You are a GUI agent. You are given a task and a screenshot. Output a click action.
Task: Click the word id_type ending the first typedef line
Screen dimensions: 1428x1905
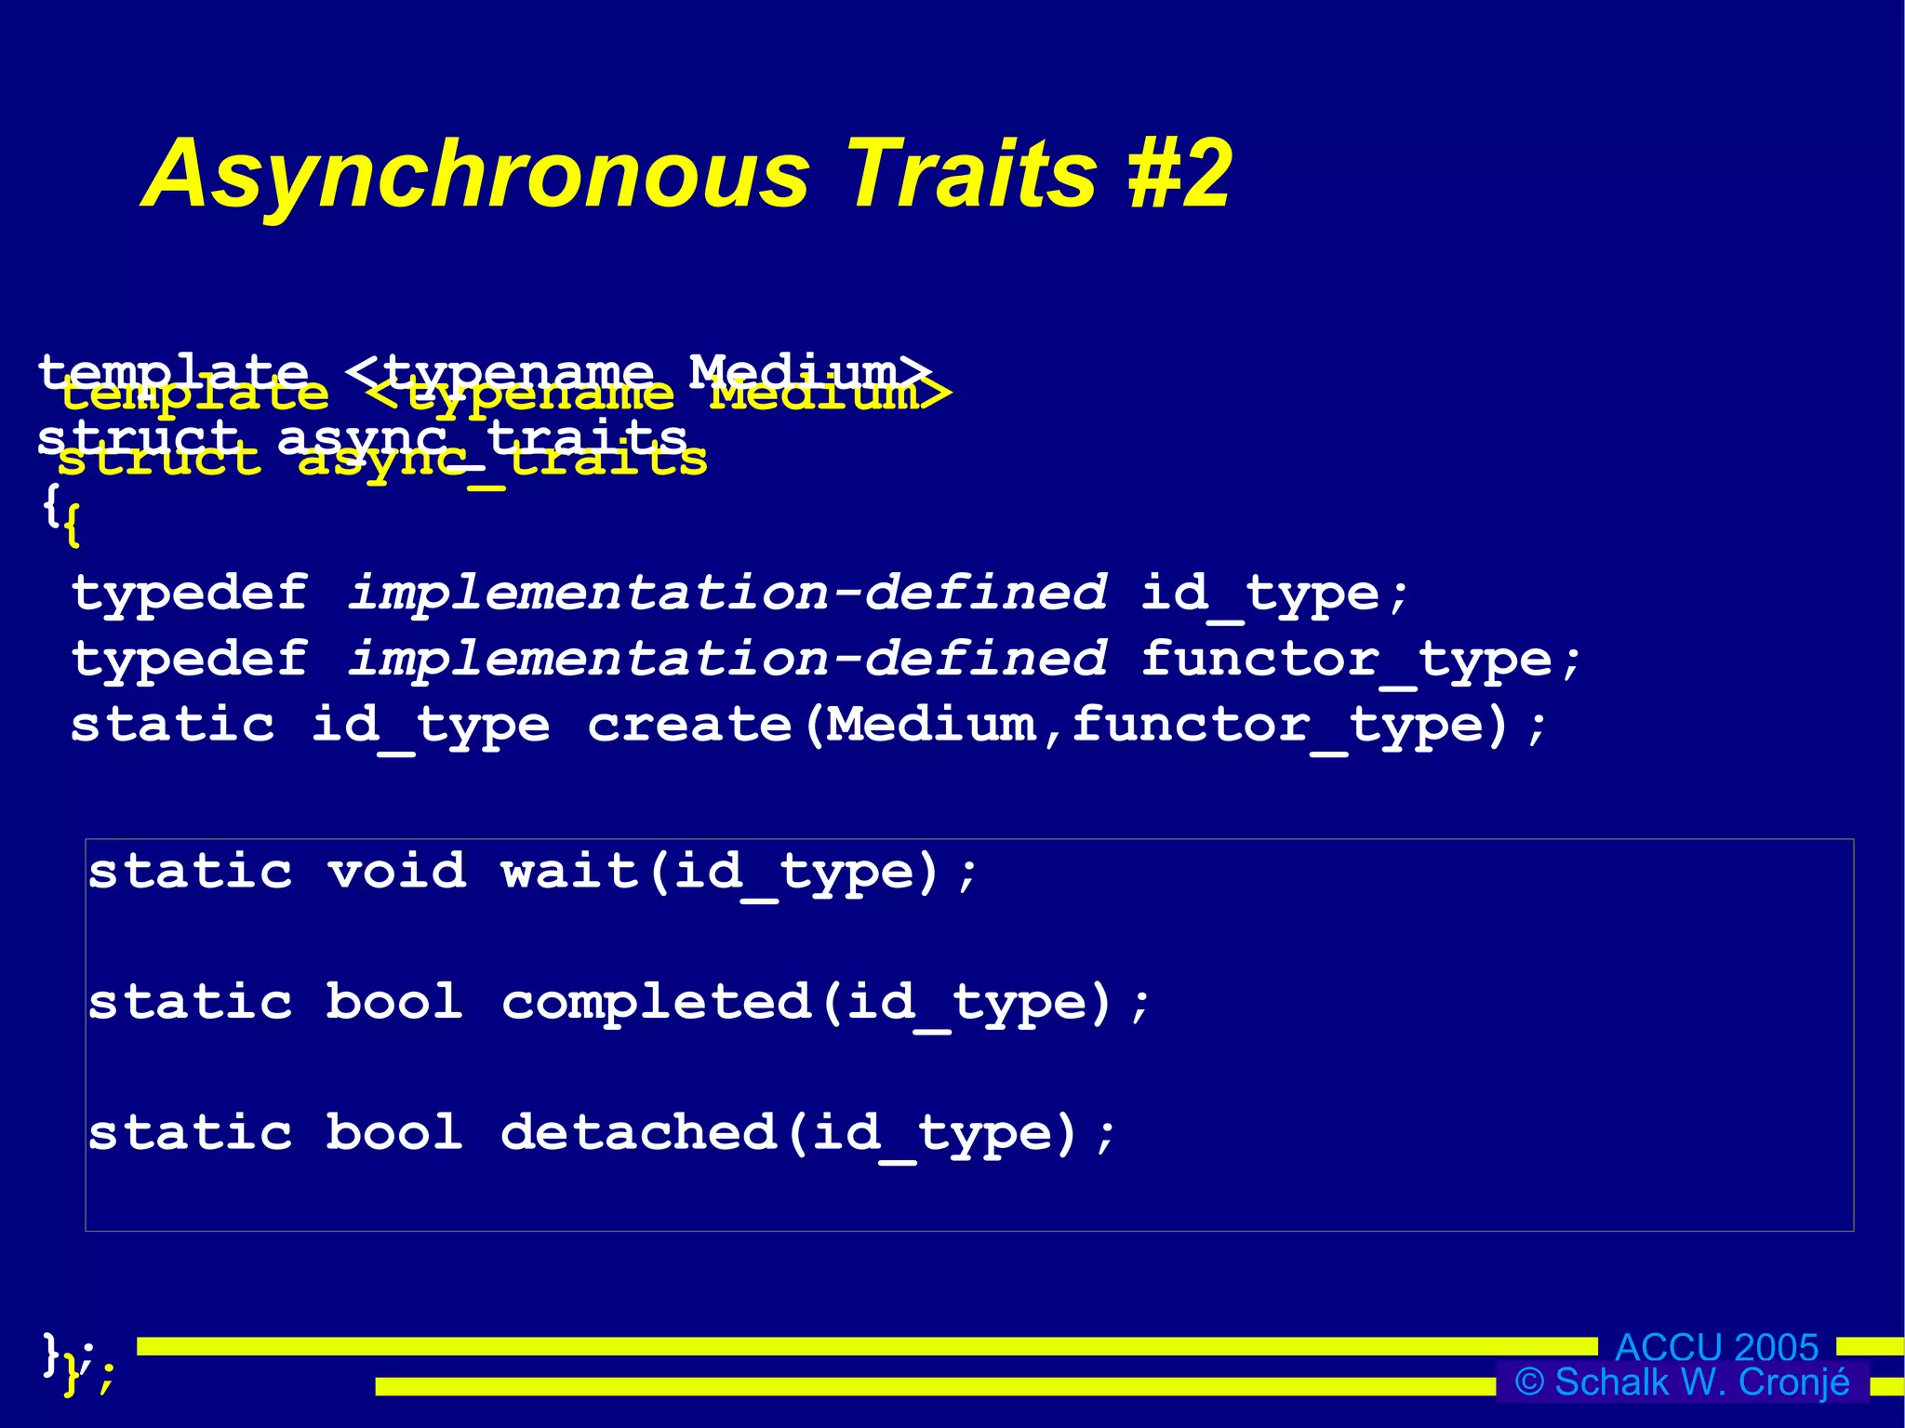(1260, 594)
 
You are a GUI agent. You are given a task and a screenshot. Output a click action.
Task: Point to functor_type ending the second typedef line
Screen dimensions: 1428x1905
(1347, 661)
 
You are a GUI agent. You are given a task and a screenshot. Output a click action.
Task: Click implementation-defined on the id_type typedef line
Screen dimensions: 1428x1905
(726, 594)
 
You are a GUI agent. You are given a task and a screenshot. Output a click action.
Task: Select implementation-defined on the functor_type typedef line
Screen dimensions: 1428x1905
(726, 661)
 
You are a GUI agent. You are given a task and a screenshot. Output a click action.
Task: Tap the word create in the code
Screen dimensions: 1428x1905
(689, 726)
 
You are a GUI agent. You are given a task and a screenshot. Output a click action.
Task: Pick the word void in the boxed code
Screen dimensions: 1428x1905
(397, 873)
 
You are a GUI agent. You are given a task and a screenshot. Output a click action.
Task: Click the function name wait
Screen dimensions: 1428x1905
(569, 873)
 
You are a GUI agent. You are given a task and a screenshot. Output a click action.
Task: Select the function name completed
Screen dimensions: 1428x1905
(656, 1003)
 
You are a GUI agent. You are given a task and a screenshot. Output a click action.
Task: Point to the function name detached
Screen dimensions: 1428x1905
(638, 1133)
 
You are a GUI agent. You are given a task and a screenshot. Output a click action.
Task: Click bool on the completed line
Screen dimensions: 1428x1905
(394, 1003)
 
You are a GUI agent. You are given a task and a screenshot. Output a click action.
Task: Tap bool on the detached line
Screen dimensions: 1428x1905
(394, 1133)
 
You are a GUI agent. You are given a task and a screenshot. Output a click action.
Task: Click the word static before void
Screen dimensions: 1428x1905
(191, 873)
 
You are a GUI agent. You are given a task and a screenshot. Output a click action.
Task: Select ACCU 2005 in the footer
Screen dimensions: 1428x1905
(1716, 1347)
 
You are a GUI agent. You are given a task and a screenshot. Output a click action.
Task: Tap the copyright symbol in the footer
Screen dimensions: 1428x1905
(1529, 1382)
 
